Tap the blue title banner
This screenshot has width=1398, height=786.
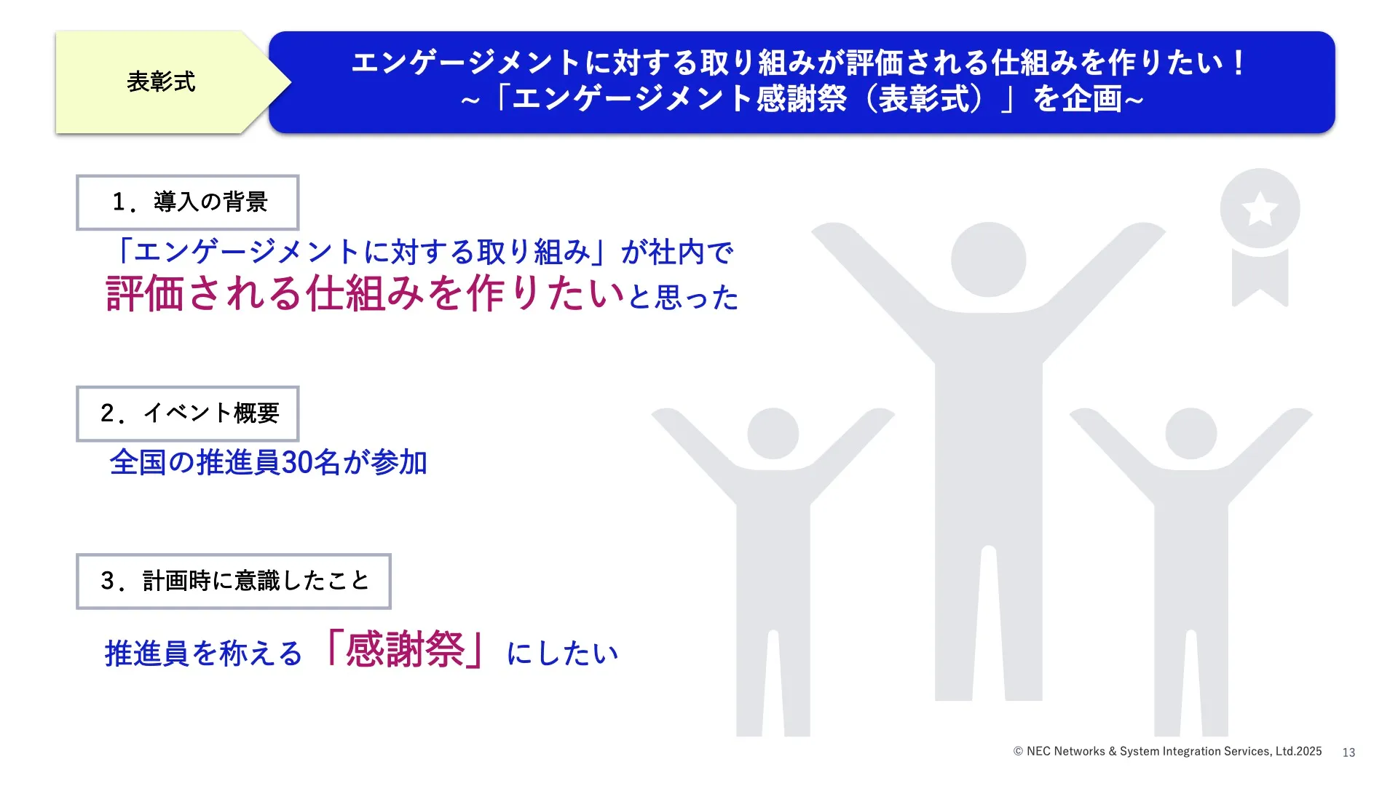click(x=802, y=82)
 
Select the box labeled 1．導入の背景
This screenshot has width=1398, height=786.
click(x=188, y=202)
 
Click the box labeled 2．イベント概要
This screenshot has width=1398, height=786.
click(x=188, y=413)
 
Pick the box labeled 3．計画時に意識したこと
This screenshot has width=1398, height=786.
click(x=234, y=581)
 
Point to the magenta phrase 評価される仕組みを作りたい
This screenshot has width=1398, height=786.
click(x=366, y=293)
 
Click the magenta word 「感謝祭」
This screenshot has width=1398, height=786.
click(x=405, y=649)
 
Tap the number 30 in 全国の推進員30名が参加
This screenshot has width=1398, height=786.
click(x=296, y=463)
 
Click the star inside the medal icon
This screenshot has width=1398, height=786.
click(x=1260, y=209)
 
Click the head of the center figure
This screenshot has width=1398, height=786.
click(x=988, y=260)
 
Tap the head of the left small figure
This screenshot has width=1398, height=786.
click(x=773, y=434)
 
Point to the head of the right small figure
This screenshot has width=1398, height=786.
click(x=1191, y=434)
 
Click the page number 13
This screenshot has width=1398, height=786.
click(x=1348, y=753)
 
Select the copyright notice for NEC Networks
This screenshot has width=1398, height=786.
click(x=1167, y=752)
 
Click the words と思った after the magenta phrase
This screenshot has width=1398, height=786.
click(x=684, y=297)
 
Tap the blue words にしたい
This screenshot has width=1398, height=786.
click(x=562, y=653)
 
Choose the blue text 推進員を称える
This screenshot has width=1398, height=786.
click(x=203, y=654)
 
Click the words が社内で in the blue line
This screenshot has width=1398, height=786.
click(x=677, y=253)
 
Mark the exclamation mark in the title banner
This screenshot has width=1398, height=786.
click(x=1238, y=63)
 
